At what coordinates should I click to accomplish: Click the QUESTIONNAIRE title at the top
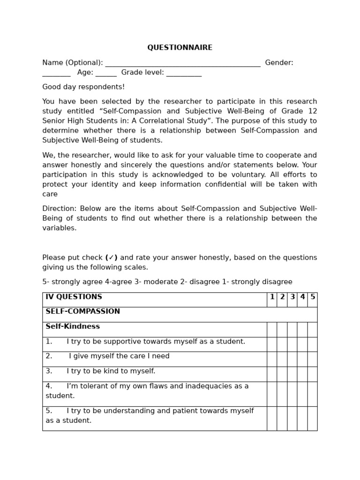[180, 48]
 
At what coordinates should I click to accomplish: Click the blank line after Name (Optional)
[183, 64]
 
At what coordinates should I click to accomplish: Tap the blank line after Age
[106, 74]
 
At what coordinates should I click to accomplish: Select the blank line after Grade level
[184, 74]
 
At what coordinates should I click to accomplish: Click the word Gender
[279, 63]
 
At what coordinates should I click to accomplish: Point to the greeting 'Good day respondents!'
[83, 87]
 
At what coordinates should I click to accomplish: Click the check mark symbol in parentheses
[112, 257]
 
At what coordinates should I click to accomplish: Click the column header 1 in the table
[272, 297]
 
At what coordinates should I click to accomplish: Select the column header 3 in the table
[292, 297]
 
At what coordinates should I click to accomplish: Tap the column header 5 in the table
[313, 297]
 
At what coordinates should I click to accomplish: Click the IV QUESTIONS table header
[74, 297]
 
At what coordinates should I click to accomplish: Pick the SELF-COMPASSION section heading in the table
[82, 312]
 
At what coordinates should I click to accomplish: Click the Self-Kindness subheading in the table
[73, 327]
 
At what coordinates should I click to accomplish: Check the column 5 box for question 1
[313, 344]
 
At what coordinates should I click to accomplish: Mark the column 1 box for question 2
[272, 359]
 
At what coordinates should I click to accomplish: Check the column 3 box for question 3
[292, 374]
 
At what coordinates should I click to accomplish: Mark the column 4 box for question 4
[302, 394]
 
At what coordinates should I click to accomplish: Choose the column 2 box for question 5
[282, 418]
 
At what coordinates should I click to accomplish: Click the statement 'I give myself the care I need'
[119, 356]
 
